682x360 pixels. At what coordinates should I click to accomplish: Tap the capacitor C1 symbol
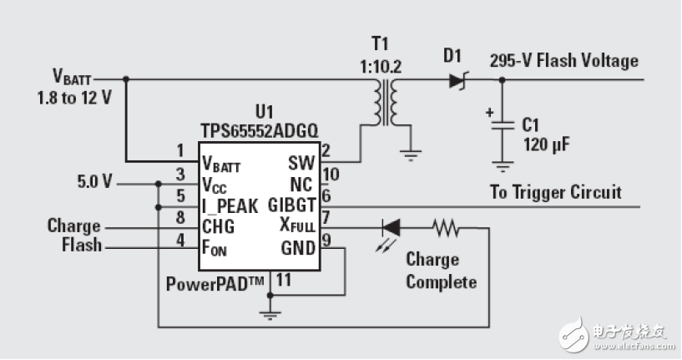click(x=501, y=125)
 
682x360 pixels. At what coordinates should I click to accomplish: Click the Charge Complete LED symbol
click(x=389, y=226)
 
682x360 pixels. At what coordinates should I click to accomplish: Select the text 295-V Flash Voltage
click(x=564, y=60)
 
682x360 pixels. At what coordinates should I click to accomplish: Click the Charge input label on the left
click(x=74, y=226)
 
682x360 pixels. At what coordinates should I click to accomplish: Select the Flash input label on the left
click(x=82, y=246)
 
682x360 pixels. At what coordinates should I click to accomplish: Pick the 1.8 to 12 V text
click(x=74, y=97)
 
